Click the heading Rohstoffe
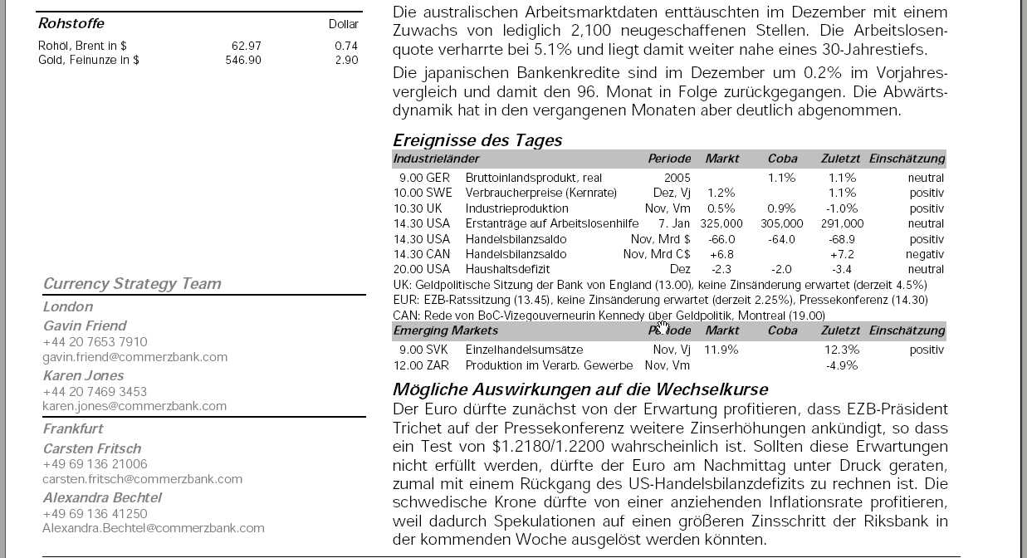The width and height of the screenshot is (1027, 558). click(x=71, y=23)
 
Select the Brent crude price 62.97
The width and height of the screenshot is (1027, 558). click(x=247, y=46)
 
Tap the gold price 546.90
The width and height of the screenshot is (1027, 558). click(x=243, y=60)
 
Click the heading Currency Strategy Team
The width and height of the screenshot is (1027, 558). click(x=132, y=284)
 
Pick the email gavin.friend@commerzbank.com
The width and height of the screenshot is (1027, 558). click(x=135, y=357)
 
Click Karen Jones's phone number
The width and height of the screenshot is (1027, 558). click(x=95, y=391)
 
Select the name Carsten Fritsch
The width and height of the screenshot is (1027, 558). click(x=92, y=448)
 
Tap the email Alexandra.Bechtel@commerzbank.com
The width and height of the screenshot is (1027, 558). click(x=154, y=528)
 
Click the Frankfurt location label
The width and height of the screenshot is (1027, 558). click(x=73, y=428)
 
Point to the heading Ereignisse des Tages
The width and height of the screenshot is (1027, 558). click(x=477, y=140)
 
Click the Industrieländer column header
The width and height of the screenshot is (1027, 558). click(x=436, y=159)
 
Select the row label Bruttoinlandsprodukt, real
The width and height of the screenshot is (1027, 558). click(x=534, y=178)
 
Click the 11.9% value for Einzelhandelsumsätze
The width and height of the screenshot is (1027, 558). click(x=721, y=350)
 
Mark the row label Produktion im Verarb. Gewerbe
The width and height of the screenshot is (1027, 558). click(x=549, y=365)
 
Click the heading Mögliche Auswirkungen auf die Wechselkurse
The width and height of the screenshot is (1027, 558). click(x=580, y=389)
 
